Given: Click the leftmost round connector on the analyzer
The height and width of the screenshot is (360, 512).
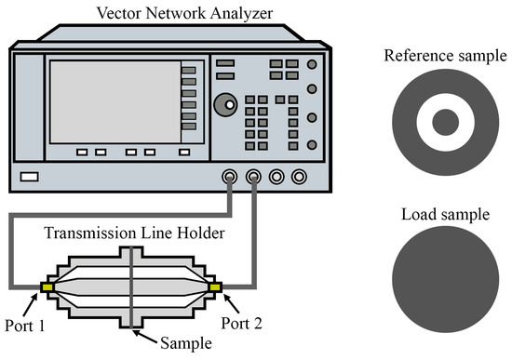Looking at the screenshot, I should tap(229, 175).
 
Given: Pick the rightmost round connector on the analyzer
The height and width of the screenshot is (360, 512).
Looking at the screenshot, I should tap(299, 175).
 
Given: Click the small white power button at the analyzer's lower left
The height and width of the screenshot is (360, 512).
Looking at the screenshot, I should tap(29, 176).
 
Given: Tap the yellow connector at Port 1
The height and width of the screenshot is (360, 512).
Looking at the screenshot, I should tap(47, 287).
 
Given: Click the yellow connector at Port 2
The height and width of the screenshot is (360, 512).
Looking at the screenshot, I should tap(216, 287).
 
